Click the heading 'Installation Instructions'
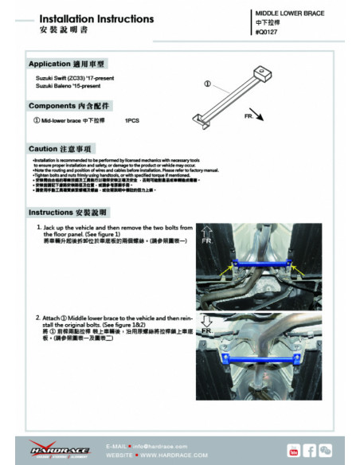click(85, 18)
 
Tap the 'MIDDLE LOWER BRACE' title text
click(289, 14)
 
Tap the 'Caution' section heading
click(60, 148)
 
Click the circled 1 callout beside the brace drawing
click(207, 83)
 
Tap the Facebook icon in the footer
click(311, 451)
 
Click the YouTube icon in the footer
click(294, 451)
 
